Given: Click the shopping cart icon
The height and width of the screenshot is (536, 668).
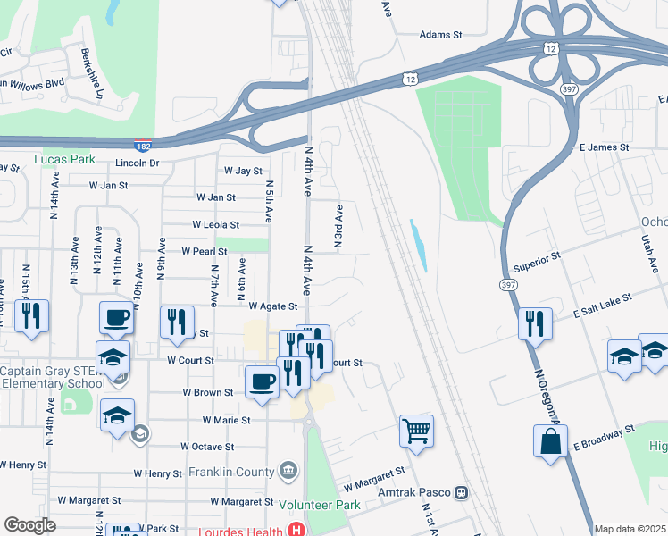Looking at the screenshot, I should click(x=417, y=431).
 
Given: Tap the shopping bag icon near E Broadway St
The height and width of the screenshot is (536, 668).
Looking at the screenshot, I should click(x=551, y=442).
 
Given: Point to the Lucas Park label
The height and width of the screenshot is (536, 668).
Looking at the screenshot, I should click(x=64, y=160).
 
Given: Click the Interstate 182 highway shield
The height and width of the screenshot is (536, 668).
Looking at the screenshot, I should click(x=143, y=146).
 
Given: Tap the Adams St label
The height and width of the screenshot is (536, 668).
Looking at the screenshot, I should click(x=441, y=36).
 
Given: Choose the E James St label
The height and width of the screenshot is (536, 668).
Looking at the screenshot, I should click(x=604, y=147).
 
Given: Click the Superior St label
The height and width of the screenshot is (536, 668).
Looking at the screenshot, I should click(x=537, y=262).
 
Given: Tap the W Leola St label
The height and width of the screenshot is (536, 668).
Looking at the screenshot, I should click(x=215, y=225).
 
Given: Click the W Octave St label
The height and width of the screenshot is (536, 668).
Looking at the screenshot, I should click(x=206, y=446).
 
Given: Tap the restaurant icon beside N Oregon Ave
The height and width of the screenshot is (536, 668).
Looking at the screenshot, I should click(x=535, y=322).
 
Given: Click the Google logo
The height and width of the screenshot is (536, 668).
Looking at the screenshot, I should click(x=29, y=525).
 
